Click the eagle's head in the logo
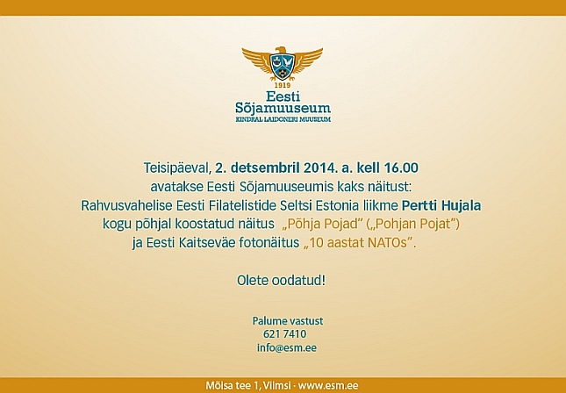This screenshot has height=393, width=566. (x=280, y=50)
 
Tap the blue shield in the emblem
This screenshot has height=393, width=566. (x=283, y=67)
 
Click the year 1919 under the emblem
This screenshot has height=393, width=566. (x=283, y=85)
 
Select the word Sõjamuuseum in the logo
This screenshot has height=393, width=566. (x=283, y=108)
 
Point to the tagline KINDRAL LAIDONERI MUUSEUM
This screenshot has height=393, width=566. (x=283, y=119)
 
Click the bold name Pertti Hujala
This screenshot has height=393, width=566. (x=441, y=205)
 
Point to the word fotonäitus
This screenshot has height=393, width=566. (x=269, y=243)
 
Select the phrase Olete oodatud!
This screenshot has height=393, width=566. (x=281, y=281)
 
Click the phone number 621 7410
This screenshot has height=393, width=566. (x=285, y=334)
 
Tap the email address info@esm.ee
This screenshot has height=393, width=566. (x=287, y=348)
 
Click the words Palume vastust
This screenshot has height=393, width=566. (x=288, y=321)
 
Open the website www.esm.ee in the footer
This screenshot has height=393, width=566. (x=328, y=385)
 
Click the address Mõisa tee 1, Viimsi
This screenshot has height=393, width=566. (x=248, y=385)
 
